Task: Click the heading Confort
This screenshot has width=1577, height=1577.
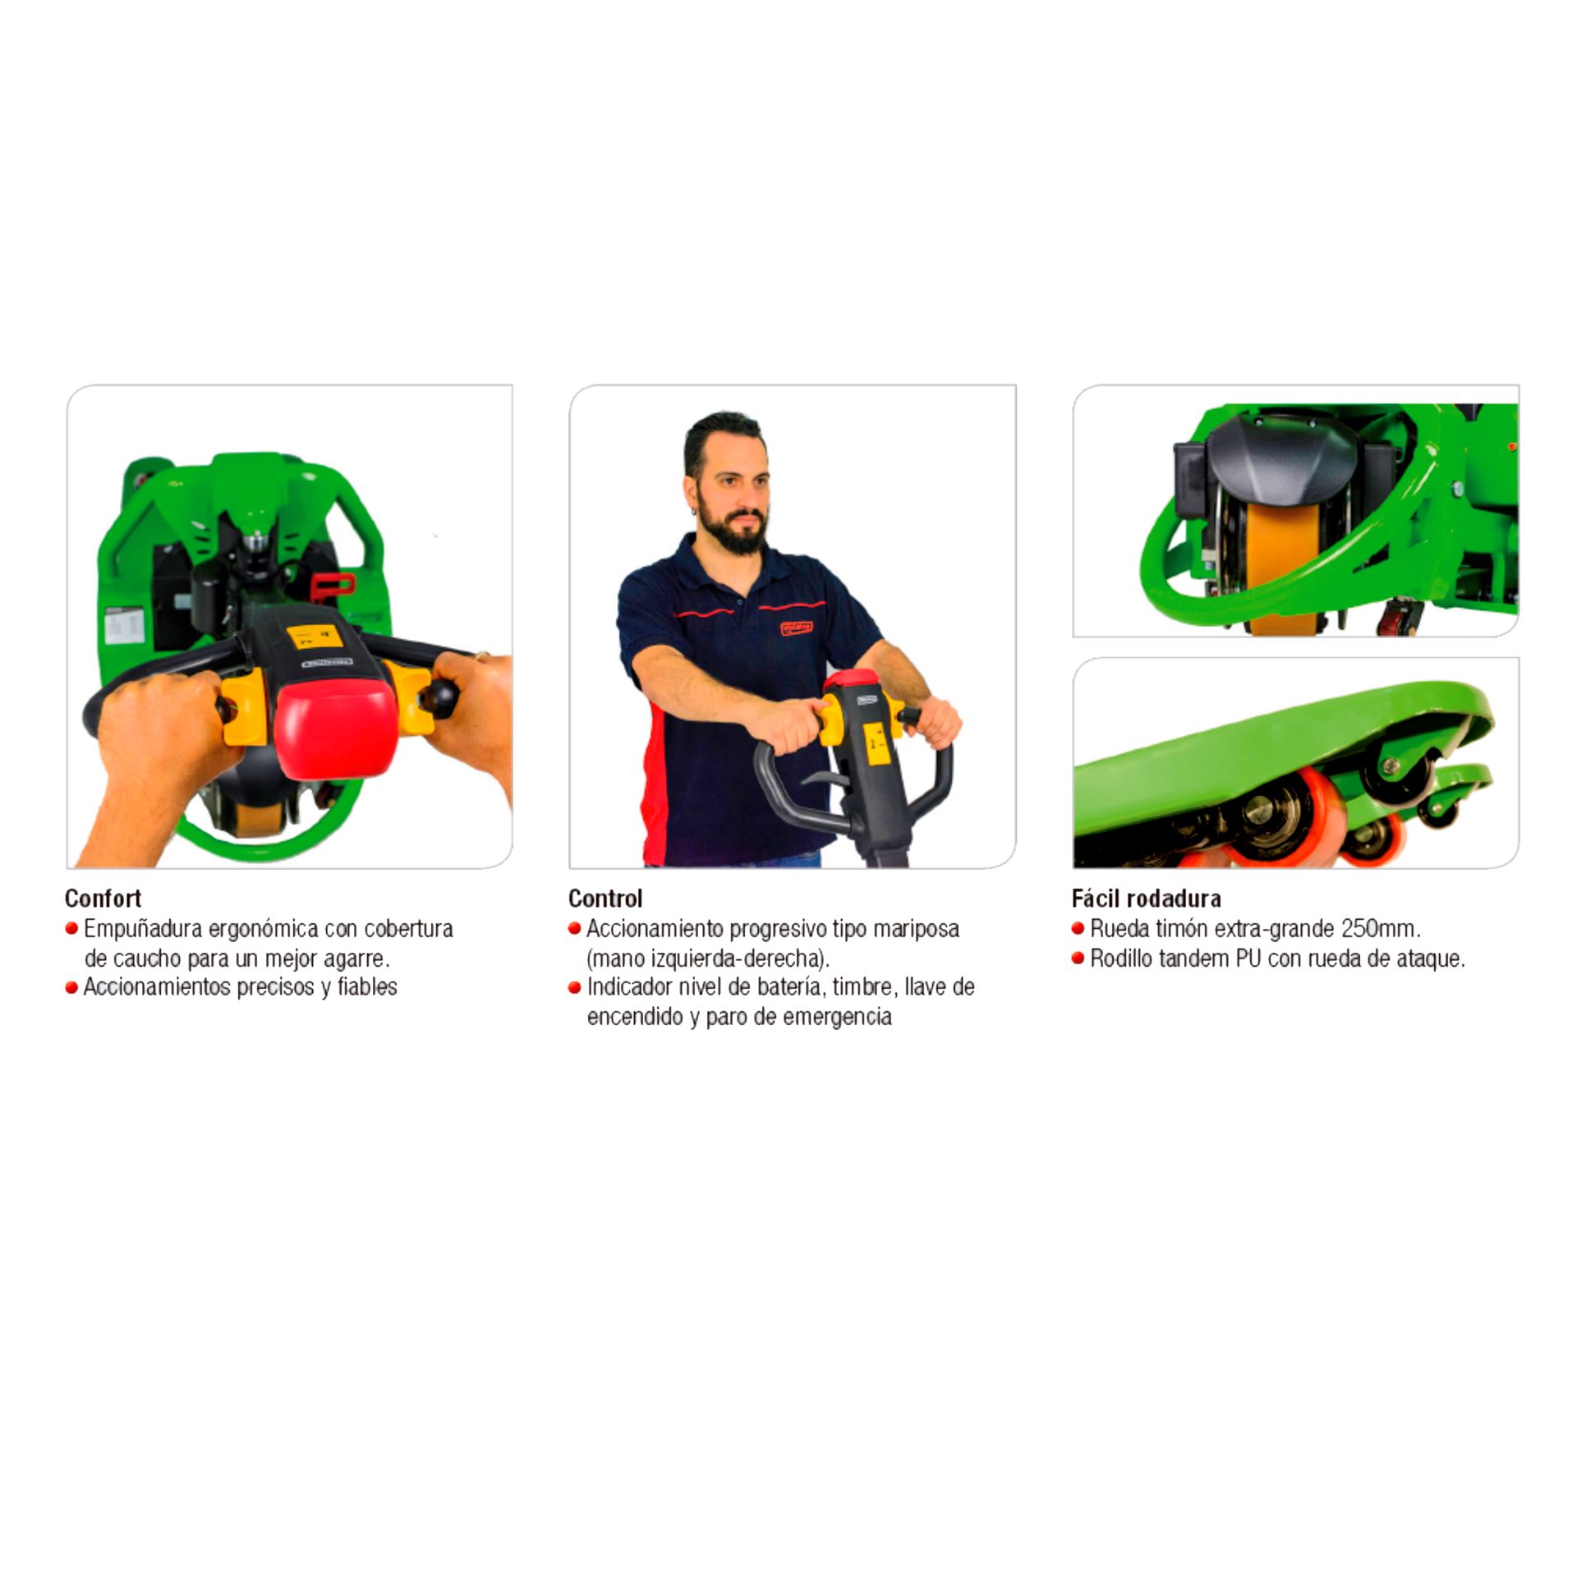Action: [x=103, y=898]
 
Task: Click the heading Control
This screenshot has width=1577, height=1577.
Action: [x=605, y=898]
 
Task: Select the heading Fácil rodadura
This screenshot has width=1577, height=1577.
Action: [x=1146, y=898]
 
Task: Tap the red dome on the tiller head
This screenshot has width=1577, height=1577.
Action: [x=338, y=731]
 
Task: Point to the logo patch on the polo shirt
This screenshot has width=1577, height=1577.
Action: [x=796, y=628]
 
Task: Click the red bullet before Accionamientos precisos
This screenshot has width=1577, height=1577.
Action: [x=71, y=988]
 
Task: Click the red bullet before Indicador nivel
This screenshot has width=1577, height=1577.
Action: [x=574, y=988]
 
